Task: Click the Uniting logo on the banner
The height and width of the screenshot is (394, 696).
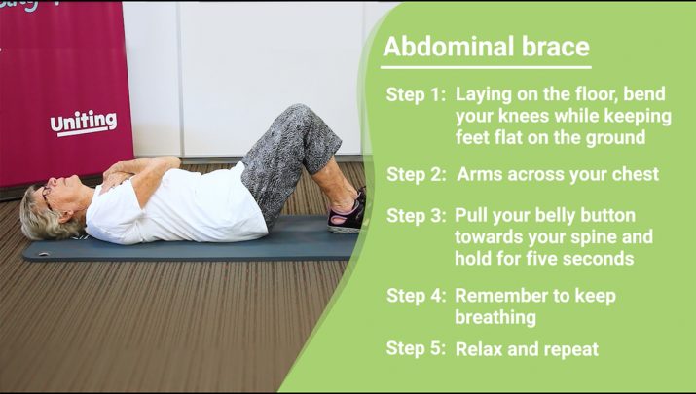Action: (84, 123)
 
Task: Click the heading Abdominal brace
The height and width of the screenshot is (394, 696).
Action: (486, 47)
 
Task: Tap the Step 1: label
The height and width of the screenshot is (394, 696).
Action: (416, 94)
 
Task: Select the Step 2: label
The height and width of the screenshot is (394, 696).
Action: (416, 174)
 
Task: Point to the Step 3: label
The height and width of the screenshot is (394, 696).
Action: (416, 216)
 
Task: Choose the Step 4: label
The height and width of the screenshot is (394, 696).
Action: (416, 296)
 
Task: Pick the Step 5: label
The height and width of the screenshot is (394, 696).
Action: (416, 348)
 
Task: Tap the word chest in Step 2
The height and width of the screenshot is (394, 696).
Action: (636, 174)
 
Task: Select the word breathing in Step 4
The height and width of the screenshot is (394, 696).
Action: (495, 318)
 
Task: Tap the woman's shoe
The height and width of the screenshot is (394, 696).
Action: (347, 217)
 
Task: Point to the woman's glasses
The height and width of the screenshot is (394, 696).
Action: (46, 197)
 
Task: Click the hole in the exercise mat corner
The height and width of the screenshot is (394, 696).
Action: (44, 254)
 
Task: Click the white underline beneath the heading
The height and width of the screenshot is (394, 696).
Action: (486, 67)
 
